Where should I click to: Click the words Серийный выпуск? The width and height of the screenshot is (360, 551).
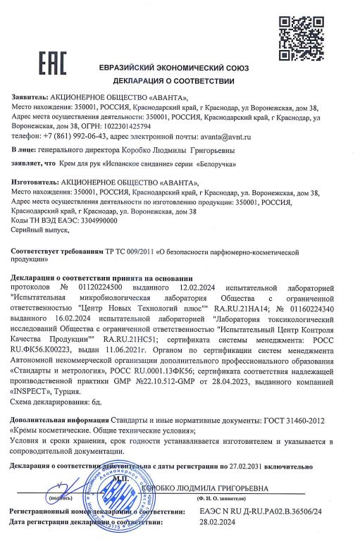pos(39,230)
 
